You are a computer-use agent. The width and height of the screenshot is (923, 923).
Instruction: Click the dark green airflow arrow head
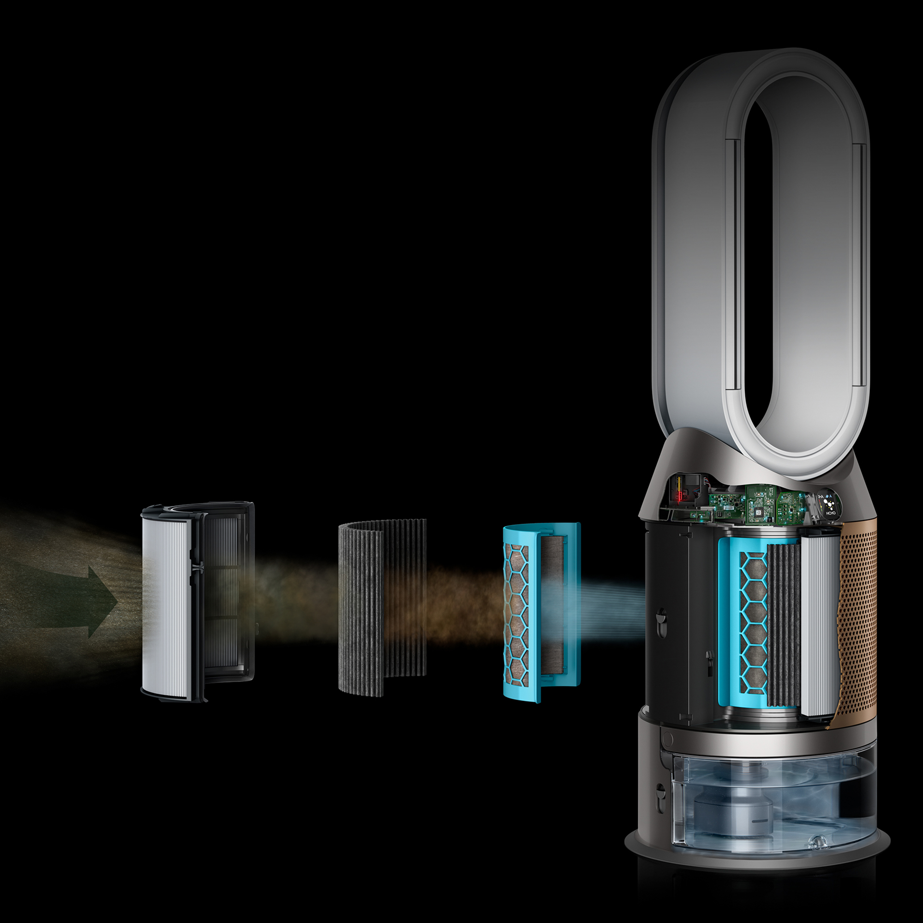(103, 601)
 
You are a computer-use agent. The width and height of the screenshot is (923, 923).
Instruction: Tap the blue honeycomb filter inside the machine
(752, 621)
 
